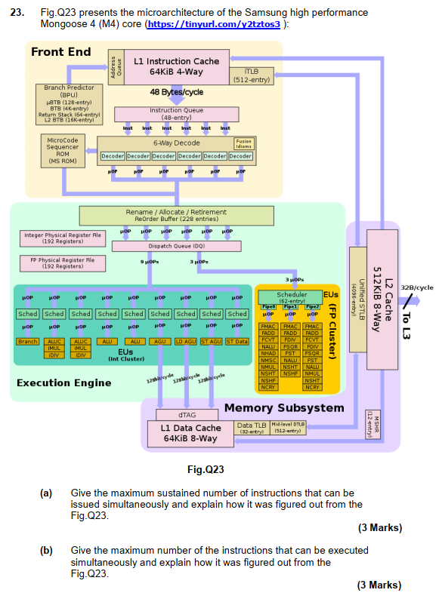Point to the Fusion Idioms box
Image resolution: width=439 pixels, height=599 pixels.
tap(243, 143)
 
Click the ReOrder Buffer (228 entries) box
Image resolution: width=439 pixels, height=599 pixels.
tap(176, 216)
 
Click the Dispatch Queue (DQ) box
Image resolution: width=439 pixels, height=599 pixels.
tap(176, 246)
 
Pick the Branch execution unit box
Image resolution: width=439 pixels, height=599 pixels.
tap(28, 342)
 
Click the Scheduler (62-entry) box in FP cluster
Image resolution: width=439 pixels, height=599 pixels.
tap(292, 296)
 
